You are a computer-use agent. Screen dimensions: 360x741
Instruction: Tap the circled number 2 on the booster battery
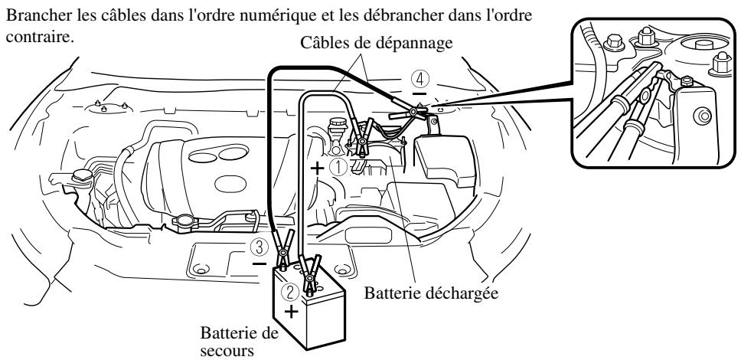click(x=290, y=292)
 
